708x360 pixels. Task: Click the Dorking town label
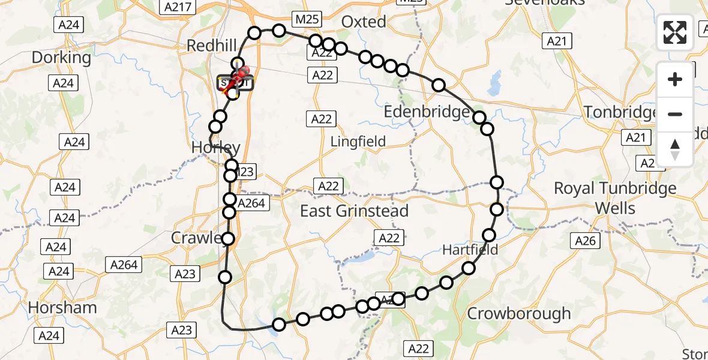click(x=61, y=58)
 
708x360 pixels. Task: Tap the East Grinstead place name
click(x=354, y=211)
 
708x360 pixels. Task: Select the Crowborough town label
click(x=518, y=313)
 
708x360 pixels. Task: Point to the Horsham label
click(x=62, y=308)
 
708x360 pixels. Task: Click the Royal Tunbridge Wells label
click(x=615, y=198)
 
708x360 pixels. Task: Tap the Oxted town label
click(x=364, y=22)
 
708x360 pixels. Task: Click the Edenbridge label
click(x=427, y=112)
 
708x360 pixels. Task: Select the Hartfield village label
click(x=470, y=249)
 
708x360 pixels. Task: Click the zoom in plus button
click(x=675, y=79)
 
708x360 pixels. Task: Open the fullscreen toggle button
click(x=675, y=32)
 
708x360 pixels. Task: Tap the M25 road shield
click(x=307, y=19)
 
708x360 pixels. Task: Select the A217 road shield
click(x=177, y=7)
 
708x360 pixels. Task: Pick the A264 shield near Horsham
click(x=123, y=264)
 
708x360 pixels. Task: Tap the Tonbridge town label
click(x=621, y=112)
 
